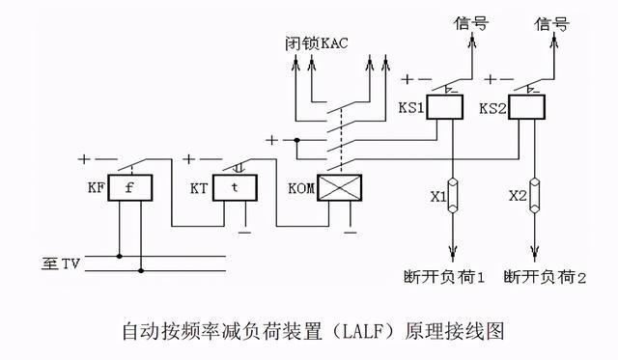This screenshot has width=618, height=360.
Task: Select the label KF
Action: (94, 187)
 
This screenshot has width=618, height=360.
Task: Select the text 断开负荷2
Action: (546, 277)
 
